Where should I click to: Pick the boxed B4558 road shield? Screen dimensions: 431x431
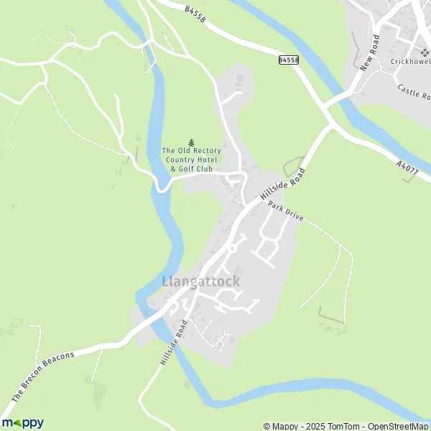[x=288, y=61]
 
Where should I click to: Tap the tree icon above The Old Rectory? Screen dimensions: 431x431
[x=190, y=142]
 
